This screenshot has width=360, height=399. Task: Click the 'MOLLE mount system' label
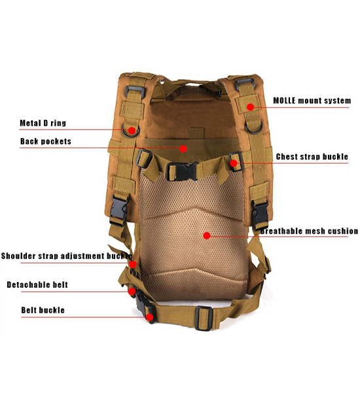point(312,101)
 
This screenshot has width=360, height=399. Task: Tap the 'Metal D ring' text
point(43,123)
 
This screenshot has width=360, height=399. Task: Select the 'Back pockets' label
point(46,141)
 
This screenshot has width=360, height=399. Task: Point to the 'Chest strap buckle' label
point(312,156)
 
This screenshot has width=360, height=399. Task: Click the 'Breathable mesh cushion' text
point(309,231)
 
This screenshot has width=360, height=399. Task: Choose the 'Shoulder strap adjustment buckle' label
point(67,256)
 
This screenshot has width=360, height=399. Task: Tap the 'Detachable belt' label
point(37,285)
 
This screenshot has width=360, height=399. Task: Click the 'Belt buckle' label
point(43,310)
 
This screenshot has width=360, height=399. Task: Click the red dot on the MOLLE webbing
point(250,107)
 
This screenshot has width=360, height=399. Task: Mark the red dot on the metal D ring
point(132,131)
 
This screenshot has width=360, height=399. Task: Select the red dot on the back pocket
point(183,148)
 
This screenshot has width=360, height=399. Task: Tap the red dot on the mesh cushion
point(207,235)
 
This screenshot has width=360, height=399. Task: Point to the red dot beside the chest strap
point(234,163)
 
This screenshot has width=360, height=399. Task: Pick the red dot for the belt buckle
point(150,317)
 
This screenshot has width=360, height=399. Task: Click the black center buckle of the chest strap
point(182,171)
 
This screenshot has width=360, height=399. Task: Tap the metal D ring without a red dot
point(253,126)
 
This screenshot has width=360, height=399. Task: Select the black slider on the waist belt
point(204,318)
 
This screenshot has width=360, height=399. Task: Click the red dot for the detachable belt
point(132,291)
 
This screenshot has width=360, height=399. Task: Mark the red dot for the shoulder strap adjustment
point(133,265)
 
